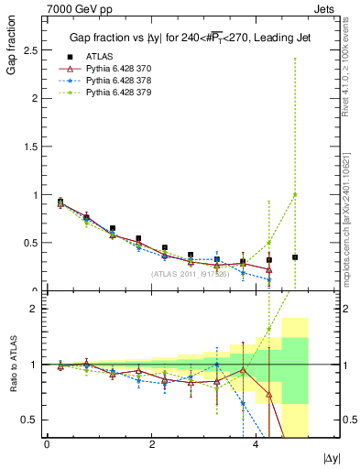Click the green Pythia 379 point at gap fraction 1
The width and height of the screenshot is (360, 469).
click(295, 194)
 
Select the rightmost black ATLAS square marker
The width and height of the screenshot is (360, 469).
click(295, 257)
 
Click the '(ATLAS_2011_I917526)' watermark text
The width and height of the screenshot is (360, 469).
click(191, 274)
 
